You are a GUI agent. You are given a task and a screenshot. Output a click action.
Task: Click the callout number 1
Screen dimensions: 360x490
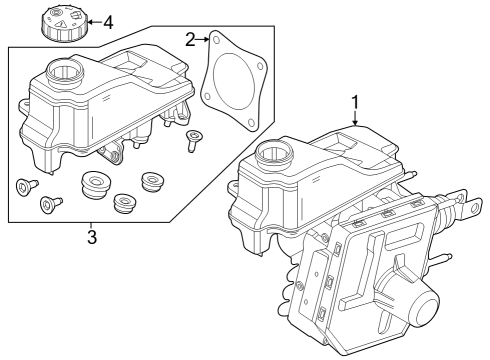355,102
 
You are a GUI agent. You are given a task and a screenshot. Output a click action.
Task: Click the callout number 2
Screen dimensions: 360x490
189,39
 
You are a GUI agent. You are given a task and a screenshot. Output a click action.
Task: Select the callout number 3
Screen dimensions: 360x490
91,237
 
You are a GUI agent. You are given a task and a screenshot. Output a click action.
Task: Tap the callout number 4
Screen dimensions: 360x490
108,20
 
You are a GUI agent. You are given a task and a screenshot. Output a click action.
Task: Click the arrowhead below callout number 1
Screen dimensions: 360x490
355,121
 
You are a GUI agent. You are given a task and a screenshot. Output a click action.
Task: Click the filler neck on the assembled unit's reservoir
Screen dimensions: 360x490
274,153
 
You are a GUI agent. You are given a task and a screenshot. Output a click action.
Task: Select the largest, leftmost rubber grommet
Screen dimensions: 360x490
95,185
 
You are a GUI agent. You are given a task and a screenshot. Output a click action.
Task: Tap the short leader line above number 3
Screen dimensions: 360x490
91,225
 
